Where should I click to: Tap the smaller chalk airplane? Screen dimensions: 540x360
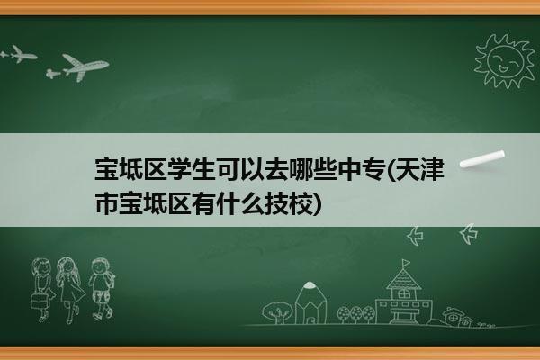[x=19, y=54]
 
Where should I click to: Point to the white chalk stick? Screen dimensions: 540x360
[x=482, y=159]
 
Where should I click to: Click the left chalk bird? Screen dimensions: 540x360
[x=415, y=236]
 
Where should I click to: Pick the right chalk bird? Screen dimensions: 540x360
[x=469, y=234]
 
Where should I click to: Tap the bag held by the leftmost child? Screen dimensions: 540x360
[x=39, y=300]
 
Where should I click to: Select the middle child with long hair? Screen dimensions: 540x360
[x=70, y=290]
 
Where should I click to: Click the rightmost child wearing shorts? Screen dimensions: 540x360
[x=101, y=289]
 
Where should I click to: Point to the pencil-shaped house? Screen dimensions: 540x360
[x=310, y=302]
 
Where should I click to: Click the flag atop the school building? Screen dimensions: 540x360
[x=407, y=263]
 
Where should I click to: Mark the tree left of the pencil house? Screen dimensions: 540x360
[x=277, y=312]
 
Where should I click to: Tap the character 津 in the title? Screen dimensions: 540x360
[x=431, y=169]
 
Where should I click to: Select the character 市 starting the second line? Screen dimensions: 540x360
[x=107, y=203]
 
